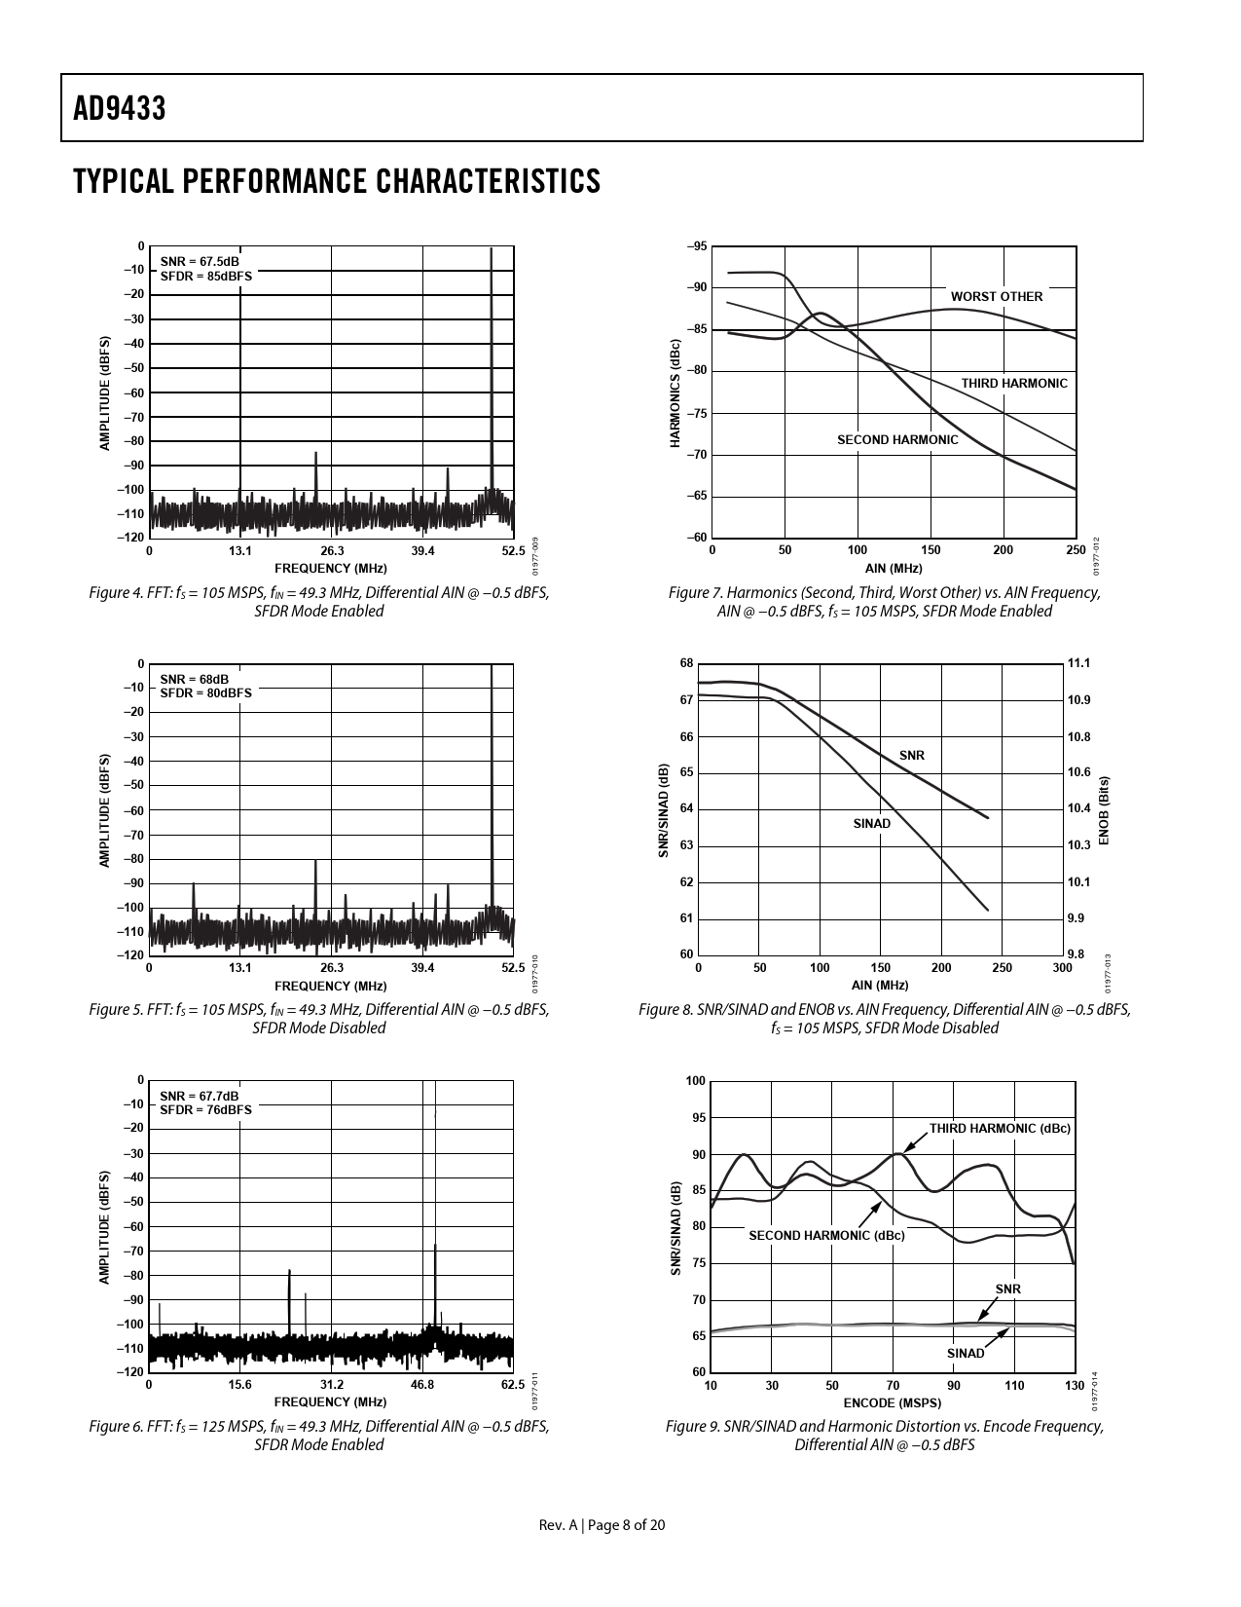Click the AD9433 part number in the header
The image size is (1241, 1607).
[x=120, y=109]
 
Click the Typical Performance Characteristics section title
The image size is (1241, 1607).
[x=337, y=181]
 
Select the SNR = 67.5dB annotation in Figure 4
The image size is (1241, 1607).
[x=200, y=261]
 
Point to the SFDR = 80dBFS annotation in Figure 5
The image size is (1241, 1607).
[x=205, y=692]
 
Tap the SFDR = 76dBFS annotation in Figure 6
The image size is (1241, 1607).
[x=205, y=1109]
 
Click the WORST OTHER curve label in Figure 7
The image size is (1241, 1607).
[x=996, y=297]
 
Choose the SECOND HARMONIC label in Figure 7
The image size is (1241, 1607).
[x=897, y=440]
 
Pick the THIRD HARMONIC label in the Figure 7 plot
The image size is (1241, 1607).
[x=1014, y=384]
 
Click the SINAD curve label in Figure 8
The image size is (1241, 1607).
[x=871, y=824]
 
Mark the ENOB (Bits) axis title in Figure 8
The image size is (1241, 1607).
[x=1104, y=810]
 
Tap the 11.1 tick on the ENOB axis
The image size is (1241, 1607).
[x=1078, y=663]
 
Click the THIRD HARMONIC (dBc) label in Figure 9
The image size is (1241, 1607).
[x=1000, y=1129]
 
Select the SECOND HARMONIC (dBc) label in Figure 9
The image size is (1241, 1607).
[x=826, y=1236]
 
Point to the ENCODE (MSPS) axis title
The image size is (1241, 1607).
[x=893, y=1403]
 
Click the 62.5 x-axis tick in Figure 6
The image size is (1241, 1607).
[x=513, y=1385]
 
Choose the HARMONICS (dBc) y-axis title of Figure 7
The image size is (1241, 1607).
[x=675, y=392]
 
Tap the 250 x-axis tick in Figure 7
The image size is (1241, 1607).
[x=1076, y=550]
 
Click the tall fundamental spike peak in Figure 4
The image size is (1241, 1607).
[x=492, y=251]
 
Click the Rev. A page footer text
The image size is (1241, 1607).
[x=602, y=1525]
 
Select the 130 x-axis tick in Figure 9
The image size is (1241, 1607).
[x=1075, y=1385]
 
